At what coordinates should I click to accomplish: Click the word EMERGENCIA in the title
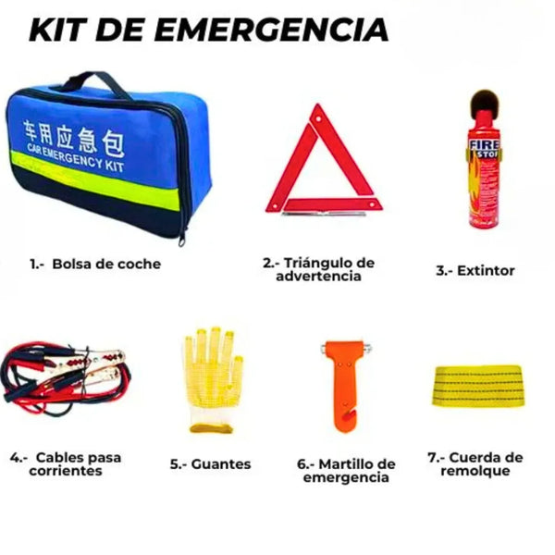pyautogui.click(x=273, y=30)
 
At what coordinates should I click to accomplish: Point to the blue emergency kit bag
pyautogui.click(x=102, y=157)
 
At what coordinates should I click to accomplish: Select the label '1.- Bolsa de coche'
pyautogui.click(x=94, y=264)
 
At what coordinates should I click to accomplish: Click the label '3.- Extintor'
pyautogui.click(x=475, y=271)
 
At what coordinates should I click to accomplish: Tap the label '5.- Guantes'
pyautogui.click(x=211, y=463)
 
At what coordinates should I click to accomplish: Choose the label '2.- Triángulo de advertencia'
pyautogui.click(x=318, y=269)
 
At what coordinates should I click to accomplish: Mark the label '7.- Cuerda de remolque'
pyautogui.click(x=475, y=464)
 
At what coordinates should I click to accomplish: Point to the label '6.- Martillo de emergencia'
pyautogui.click(x=346, y=470)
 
